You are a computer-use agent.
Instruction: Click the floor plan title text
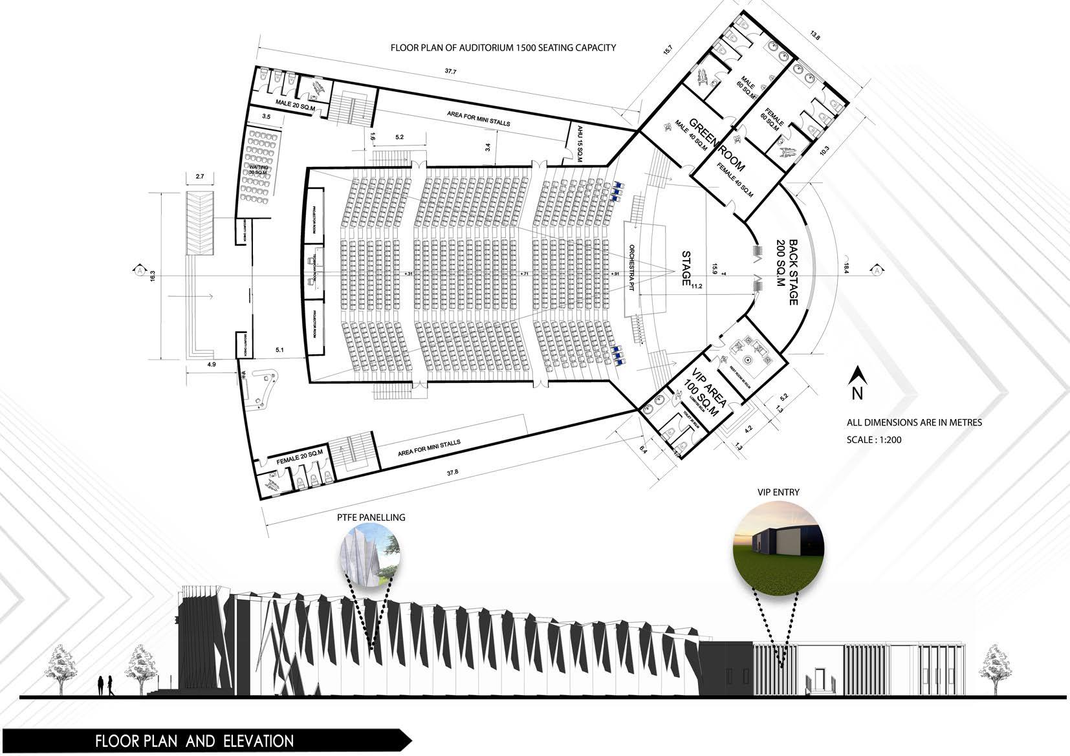tap(503, 47)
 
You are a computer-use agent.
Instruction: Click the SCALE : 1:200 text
tap(874, 440)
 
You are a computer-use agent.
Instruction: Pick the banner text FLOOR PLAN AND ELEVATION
tap(194, 740)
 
